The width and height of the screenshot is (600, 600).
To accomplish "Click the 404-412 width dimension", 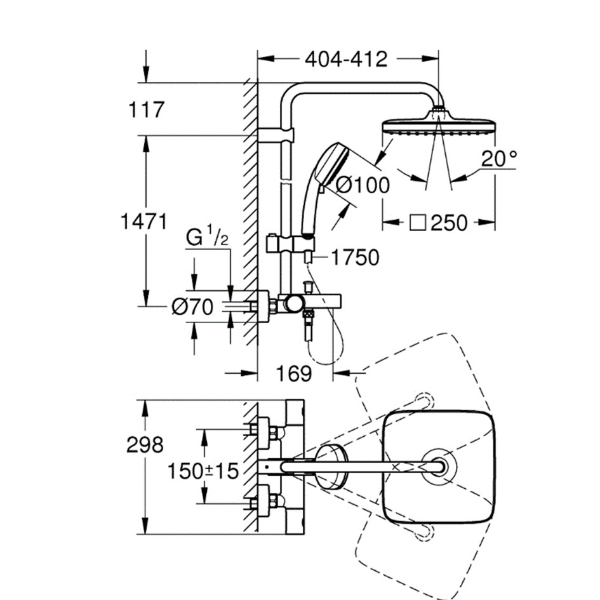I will tap(345, 59).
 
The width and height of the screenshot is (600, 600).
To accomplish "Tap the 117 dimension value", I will tap(146, 109).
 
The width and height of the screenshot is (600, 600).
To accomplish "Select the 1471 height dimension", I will tap(145, 222).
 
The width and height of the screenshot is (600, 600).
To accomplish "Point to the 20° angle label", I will tap(498, 159).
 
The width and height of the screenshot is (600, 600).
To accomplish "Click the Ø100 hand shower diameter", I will tap(363, 185).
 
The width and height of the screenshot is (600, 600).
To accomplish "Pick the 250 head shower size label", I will tap(449, 222).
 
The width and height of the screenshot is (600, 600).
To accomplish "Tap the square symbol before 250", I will tap(417, 222).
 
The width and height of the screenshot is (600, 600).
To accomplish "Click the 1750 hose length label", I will tap(354, 257).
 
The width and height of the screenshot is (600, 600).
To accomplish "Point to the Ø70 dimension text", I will tap(191, 307).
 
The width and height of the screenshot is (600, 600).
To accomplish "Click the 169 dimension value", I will tap(295, 373).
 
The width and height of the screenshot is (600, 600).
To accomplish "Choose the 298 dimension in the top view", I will tap(145, 444).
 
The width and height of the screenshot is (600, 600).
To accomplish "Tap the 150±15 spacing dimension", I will tap(203, 470).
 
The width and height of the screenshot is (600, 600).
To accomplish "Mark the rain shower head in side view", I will tap(438, 124).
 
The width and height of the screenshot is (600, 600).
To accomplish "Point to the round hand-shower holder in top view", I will tap(331, 467).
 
